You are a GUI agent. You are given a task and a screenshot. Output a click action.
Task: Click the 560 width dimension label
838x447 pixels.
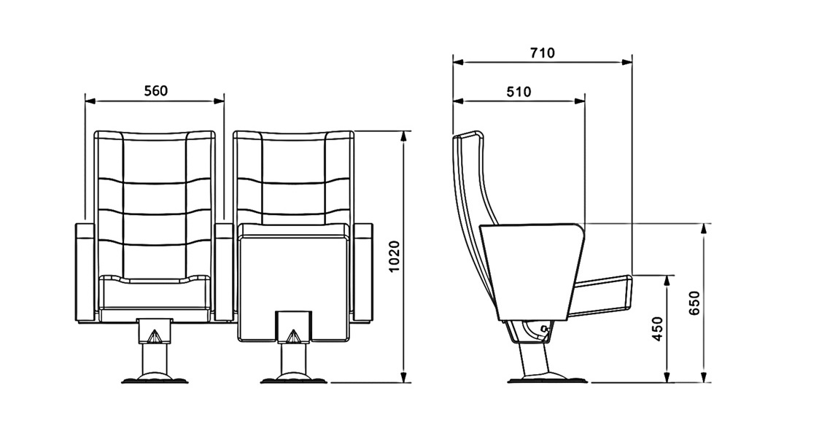pos(156,91)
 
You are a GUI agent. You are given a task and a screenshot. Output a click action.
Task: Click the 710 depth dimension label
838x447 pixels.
pos(543,53)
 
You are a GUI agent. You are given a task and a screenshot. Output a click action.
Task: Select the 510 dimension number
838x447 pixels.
pos(519,92)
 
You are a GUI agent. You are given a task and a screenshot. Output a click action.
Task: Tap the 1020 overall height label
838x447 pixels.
pos(395,257)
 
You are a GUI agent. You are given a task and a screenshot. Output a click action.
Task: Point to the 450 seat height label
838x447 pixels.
pos(658,329)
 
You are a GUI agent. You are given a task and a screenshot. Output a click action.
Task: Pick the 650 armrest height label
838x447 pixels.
pos(694,303)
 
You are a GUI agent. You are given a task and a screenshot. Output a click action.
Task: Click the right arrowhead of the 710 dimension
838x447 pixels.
pos(626,62)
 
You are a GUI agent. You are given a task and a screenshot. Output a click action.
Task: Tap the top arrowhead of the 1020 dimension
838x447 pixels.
pos(404,136)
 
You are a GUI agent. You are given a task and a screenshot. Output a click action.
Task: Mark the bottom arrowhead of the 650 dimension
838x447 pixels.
pos(705,377)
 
